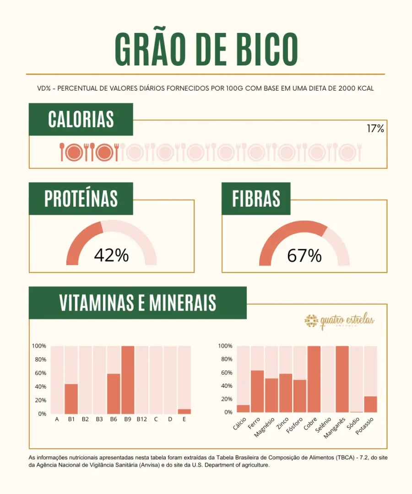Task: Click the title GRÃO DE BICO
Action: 206,49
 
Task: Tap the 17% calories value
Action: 375,129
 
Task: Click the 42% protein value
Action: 111,256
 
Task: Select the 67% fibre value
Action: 304,256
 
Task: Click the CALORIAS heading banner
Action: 81,119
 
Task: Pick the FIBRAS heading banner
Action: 256,199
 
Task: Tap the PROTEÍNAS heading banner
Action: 81,199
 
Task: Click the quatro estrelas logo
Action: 340,321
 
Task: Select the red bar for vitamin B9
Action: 128,380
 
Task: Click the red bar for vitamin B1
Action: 71,399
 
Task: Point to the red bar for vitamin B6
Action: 114,393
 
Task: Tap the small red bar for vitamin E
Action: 184,411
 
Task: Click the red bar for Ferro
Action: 257,391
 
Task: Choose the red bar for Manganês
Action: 342,379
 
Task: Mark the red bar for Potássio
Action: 370,404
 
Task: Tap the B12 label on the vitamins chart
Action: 142,419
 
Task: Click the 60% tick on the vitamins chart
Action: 40,373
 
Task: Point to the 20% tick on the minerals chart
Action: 226,399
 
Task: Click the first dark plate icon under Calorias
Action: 74,152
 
